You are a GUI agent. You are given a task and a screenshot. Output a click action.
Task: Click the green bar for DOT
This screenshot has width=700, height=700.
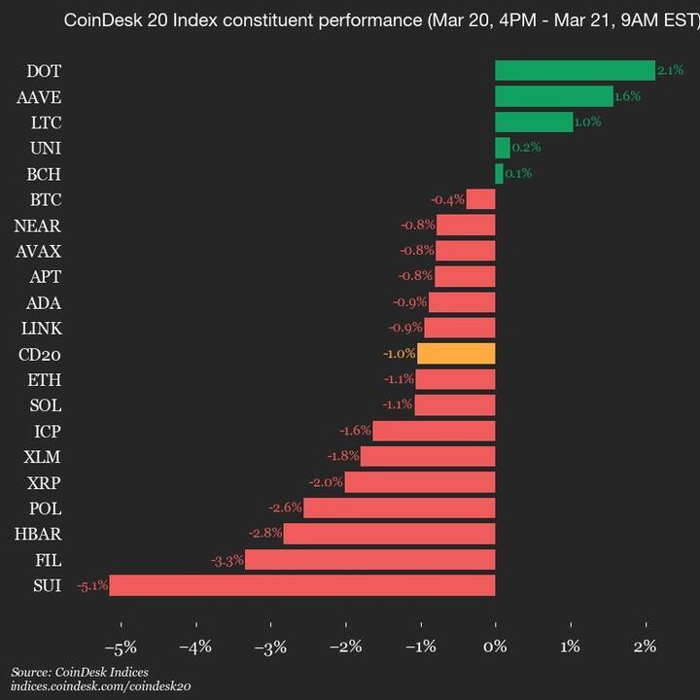coord(575,70)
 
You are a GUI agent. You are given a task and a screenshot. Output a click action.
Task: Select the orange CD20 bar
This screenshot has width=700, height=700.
coord(456,354)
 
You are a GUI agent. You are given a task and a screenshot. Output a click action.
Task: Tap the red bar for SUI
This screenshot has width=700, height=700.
coord(302,585)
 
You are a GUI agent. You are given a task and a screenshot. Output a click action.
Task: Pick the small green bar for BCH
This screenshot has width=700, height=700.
coord(499,174)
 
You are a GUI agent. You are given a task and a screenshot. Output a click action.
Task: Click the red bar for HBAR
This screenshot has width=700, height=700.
coord(389,534)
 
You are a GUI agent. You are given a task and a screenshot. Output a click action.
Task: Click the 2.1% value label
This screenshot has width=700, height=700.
coord(670,70)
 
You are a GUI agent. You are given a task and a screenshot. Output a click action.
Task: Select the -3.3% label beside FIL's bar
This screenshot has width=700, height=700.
coord(227,560)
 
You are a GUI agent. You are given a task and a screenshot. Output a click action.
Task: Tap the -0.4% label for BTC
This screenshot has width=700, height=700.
coord(447,200)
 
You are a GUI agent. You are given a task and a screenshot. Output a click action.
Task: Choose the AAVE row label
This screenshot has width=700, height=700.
coord(39,96)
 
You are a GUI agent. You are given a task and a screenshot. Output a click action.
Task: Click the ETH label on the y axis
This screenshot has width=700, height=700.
coord(45,379)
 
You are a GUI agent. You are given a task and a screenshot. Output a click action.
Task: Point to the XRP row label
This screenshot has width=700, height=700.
coord(43,482)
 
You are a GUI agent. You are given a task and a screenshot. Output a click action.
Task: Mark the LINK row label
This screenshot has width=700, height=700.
coord(41,328)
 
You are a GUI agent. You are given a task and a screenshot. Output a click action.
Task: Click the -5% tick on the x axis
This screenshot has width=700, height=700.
coord(122,647)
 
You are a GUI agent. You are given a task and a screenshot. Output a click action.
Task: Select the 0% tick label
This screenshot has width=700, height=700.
coord(495,647)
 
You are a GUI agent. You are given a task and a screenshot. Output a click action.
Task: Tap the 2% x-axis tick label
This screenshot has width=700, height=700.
coord(645,647)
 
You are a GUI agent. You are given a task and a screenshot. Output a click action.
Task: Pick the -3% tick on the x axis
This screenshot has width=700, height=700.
coord(271,647)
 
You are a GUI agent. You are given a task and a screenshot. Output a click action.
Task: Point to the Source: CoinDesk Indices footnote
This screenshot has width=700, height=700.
coord(80,672)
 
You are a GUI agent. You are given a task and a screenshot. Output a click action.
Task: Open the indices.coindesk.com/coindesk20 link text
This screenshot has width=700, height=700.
coord(101,686)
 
